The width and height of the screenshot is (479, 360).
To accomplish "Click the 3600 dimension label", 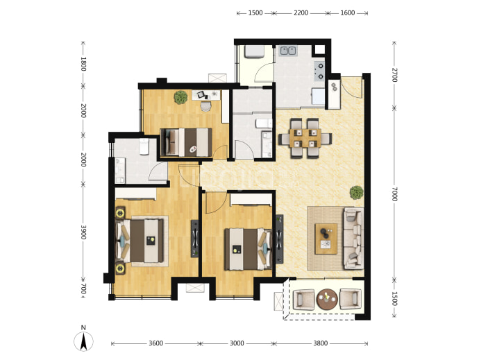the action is [156, 343].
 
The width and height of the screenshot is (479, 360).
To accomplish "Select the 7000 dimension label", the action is [394, 194].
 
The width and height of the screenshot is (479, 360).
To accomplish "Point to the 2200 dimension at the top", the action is [301, 12].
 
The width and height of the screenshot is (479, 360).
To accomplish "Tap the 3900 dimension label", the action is [83, 232].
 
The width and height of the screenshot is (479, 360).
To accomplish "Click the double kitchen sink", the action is [288, 51].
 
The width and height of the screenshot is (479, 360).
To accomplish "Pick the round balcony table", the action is [327, 299].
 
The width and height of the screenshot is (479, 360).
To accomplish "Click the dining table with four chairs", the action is [305, 138].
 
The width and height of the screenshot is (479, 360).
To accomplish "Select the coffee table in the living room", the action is [326, 239].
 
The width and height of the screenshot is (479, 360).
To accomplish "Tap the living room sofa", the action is [353, 238].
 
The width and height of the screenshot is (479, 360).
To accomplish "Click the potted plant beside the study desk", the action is [180, 97].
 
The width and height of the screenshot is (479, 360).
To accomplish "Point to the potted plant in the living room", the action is [357, 193].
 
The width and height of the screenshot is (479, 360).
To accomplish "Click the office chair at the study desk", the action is [206, 106].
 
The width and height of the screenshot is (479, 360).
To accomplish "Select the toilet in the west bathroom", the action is [144, 146].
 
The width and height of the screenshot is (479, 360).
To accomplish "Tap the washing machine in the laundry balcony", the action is [254, 51].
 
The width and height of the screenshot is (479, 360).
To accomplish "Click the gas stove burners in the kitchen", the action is [320, 71].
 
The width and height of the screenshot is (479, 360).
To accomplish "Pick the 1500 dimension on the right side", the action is [394, 299].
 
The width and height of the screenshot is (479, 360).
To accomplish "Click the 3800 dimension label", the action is [321, 343].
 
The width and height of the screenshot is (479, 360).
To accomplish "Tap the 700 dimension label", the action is [83, 289].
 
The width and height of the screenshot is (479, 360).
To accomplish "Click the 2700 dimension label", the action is [394, 75].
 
